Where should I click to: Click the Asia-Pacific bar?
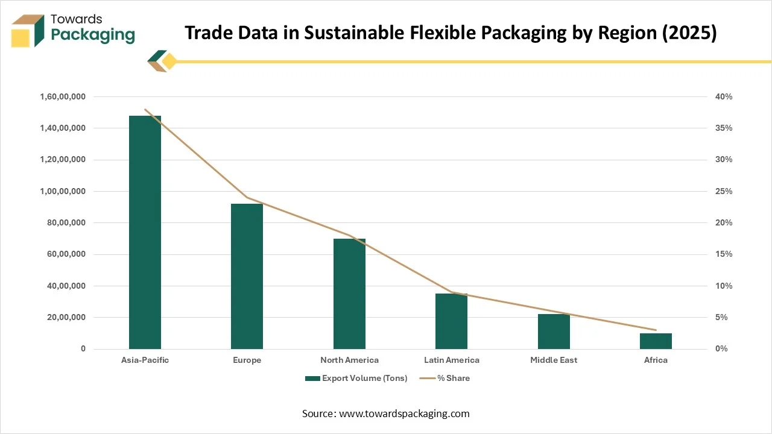(x=145, y=232)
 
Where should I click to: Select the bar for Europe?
(x=247, y=276)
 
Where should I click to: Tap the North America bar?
(x=349, y=294)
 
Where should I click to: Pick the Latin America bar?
(x=451, y=321)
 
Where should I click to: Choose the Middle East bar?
(x=554, y=332)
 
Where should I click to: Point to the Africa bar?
(x=656, y=341)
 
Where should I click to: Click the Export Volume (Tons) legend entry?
(x=356, y=379)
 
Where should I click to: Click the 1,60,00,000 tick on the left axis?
(x=63, y=96)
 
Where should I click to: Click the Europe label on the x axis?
(x=247, y=360)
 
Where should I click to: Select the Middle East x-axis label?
(x=554, y=360)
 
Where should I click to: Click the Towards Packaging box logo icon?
(x=27, y=31)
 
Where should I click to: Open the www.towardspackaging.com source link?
(x=404, y=414)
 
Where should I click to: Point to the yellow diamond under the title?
(x=169, y=61)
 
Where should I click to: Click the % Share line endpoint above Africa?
(x=656, y=330)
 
